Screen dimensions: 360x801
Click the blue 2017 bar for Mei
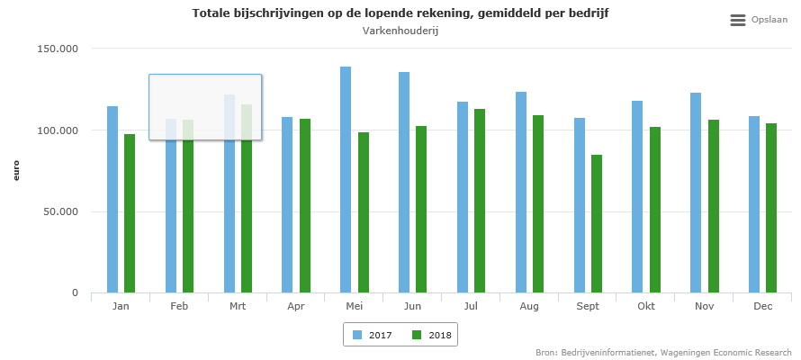point(346,180)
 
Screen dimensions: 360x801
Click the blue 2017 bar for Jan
point(112,199)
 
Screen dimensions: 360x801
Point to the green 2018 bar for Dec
point(771,208)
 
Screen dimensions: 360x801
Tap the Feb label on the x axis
point(179,307)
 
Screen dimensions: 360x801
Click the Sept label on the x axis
point(587,307)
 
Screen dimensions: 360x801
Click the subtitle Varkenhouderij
point(400,31)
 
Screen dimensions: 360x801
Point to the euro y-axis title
point(16,170)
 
